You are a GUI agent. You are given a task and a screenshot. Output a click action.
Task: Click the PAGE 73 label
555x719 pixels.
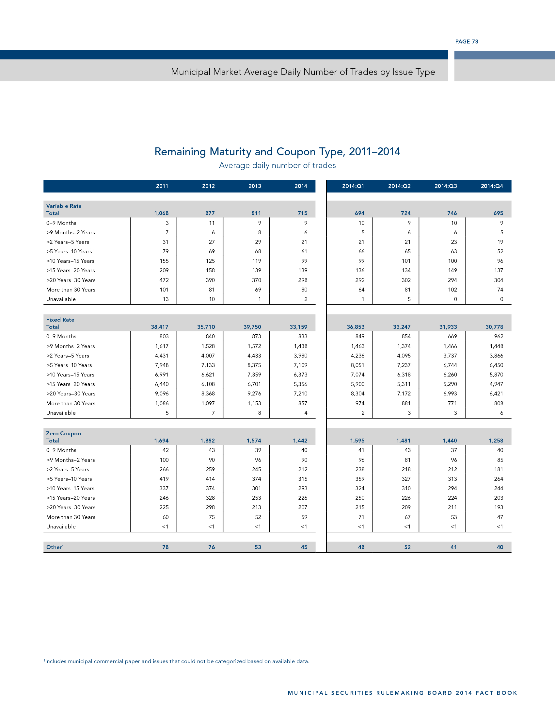pyautogui.click(x=466, y=42)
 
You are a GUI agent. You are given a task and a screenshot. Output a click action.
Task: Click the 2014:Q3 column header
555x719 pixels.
pyautogui.click(x=446, y=186)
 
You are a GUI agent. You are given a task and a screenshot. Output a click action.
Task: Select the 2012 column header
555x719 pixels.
pyautogui.click(x=208, y=186)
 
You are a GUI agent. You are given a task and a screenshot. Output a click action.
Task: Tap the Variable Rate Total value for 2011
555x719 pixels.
pyautogui.click(x=161, y=213)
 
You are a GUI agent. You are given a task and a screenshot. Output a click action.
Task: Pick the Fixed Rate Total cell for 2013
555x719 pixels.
pyautogui.click(x=252, y=327)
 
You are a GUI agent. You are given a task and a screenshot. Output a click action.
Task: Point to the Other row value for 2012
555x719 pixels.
pyautogui.click(x=212, y=547)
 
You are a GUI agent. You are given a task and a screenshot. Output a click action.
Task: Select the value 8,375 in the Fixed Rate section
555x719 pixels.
pyautogui.click(x=254, y=365)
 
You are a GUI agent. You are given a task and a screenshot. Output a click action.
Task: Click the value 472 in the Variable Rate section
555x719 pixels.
pyautogui.click(x=164, y=280)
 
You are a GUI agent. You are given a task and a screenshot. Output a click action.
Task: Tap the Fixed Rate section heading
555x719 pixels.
pyautogui.click(x=60, y=320)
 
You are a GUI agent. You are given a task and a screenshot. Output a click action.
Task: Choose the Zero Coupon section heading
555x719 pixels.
pyautogui.click(x=63, y=433)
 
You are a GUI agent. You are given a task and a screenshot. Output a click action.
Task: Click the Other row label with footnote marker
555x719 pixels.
pyautogui.click(x=55, y=547)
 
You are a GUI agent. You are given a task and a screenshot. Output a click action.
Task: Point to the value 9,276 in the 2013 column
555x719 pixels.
pyautogui.click(x=254, y=393)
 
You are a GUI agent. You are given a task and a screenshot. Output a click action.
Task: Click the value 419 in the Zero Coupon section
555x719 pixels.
pyautogui.click(x=164, y=479)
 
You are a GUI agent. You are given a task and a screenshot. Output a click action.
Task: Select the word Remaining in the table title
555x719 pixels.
pyautogui.click(x=180, y=151)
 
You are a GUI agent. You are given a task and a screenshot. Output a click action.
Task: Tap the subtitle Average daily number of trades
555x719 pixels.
pyautogui.click(x=277, y=165)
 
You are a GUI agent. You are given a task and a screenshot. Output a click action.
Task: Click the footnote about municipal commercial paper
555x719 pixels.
pyautogui.click(x=177, y=661)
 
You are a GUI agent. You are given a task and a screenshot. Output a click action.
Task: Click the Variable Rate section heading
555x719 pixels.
pyautogui.click(x=64, y=206)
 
